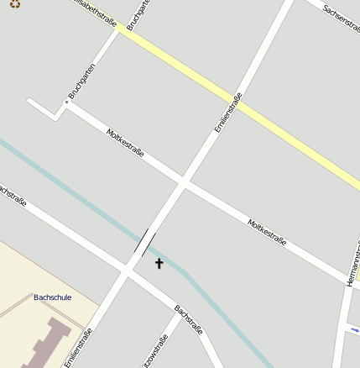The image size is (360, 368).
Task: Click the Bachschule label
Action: (52, 297)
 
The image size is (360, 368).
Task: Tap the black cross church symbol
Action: (159, 264)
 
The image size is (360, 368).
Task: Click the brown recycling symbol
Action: (14, 3)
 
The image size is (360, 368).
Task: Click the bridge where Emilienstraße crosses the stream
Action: (145, 243)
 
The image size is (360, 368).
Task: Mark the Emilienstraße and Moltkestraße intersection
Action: (184, 180)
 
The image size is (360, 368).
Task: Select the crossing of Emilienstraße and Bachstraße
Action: (127, 270)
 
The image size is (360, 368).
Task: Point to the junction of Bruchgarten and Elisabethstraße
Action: (120, 30)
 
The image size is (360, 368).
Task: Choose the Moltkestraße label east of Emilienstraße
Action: (267, 233)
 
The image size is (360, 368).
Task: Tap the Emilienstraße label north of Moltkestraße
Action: (228, 112)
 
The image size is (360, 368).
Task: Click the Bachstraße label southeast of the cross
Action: (189, 319)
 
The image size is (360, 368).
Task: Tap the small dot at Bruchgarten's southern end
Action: (65, 103)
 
